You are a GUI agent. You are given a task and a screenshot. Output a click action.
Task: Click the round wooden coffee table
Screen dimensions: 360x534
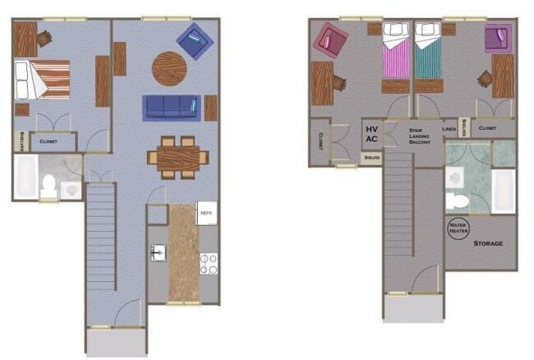click(170, 69)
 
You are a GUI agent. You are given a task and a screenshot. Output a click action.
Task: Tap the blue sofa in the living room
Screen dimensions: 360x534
click(171, 107)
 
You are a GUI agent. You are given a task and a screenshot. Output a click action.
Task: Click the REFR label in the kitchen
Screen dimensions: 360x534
click(206, 212)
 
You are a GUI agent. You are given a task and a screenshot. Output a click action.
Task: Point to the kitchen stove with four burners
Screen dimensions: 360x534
click(209, 263)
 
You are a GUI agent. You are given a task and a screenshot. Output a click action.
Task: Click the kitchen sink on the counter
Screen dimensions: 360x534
click(158, 252)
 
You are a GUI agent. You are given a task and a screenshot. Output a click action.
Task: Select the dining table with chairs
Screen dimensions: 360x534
click(177, 156)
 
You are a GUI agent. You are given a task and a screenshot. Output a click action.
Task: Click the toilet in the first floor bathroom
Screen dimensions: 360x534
click(49, 187)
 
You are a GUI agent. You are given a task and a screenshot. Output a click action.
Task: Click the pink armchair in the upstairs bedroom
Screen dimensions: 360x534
click(332, 39)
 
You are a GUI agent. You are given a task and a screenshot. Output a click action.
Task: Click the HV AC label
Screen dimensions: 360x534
click(371, 134)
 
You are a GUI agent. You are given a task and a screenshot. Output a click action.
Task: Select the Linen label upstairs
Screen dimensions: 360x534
click(449, 129)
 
